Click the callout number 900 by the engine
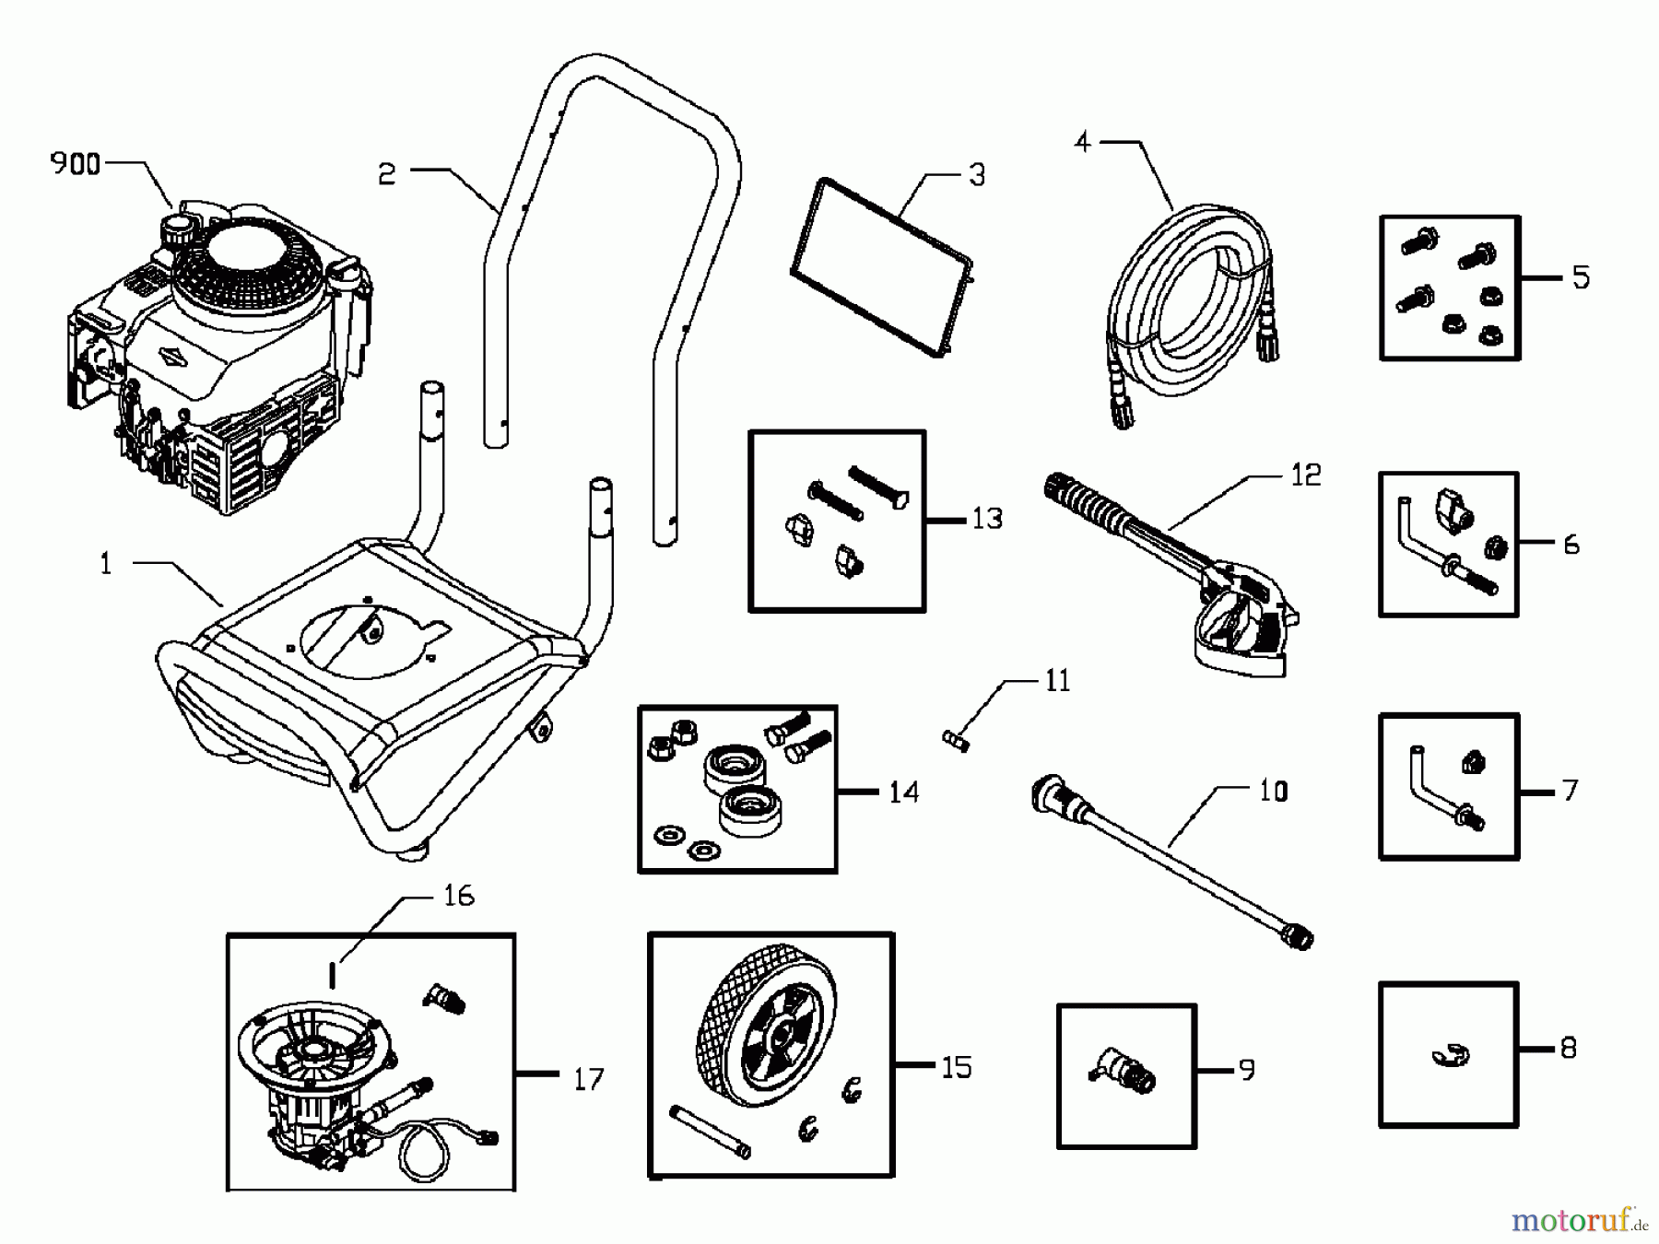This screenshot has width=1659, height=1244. pyautogui.click(x=75, y=164)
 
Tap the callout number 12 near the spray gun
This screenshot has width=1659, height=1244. pyautogui.click(x=1305, y=475)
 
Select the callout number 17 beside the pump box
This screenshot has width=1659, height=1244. pyautogui.click(x=588, y=1078)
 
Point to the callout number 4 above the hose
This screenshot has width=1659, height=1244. pyautogui.click(x=1083, y=142)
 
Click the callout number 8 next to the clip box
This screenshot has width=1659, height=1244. pyautogui.click(x=1568, y=1048)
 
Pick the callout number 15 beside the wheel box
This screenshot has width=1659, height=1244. pyautogui.click(x=956, y=1067)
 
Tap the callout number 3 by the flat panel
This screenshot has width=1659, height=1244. pyautogui.click(x=977, y=175)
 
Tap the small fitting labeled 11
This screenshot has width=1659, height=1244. pyautogui.click(x=957, y=740)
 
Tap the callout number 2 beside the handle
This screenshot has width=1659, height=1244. pyautogui.click(x=387, y=174)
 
